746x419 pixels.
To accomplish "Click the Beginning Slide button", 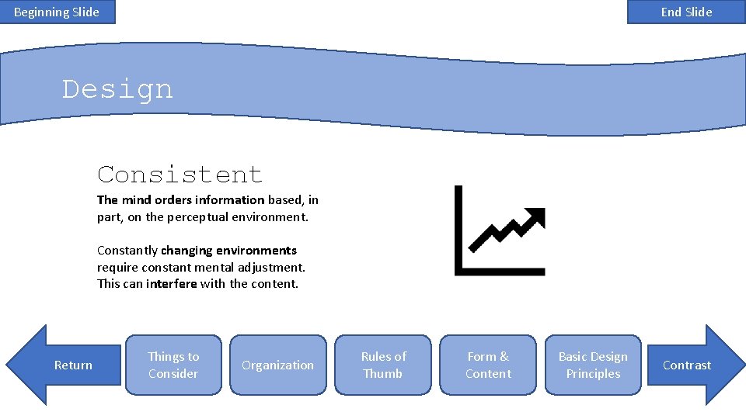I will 57,12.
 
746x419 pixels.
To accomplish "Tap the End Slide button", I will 686,12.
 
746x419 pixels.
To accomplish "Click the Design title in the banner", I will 117,89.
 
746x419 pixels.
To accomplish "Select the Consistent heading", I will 180,174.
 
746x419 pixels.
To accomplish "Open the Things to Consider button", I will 173,365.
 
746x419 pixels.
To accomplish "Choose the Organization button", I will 278,365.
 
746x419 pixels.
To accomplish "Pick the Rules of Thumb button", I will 383,365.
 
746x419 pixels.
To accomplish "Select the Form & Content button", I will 488,365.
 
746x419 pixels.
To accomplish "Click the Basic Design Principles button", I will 593,365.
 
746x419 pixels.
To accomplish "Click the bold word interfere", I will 172,284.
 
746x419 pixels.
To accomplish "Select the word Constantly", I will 127,251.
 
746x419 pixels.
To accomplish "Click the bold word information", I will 230,200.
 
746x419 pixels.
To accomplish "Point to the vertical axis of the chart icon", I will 458,229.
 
